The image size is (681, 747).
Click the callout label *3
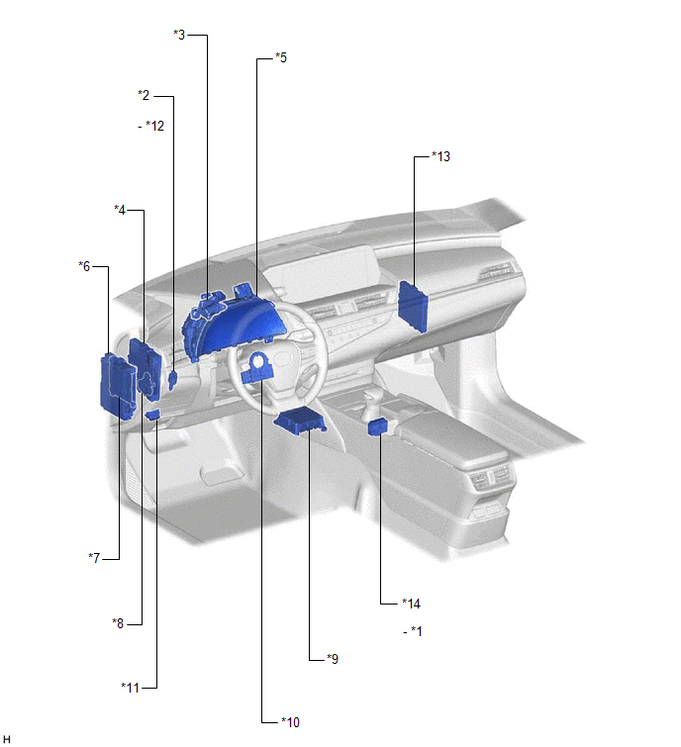pyautogui.click(x=179, y=35)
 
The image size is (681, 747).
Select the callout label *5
pyautogui.click(x=281, y=57)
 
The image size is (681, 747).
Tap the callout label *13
pyautogui.click(x=440, y=156)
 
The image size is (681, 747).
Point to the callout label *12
pyautogui.click(x=154, y=126)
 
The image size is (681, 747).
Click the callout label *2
pyautogui.click(x=144, y=95)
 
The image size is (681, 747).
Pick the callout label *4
pyautogui.click(x=120, y=210)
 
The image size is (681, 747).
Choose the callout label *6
pyautogui.click(x=84, y=266)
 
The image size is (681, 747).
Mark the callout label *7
pyautogui.click(x=94, y=557)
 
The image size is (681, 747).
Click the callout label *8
pyautogui.click(x=118, y=623)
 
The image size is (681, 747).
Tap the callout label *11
pyautogui.click(x=130, y=688)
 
